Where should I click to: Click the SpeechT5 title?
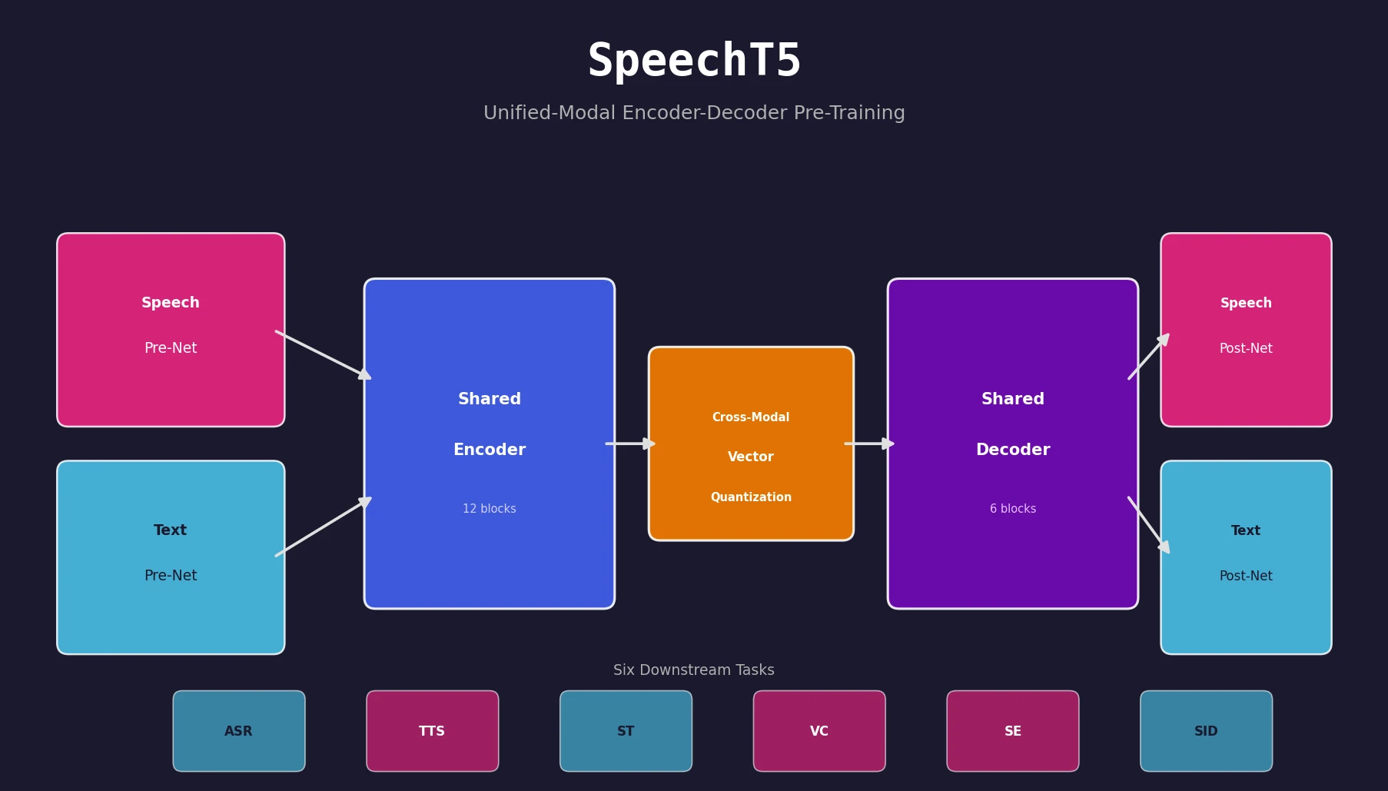(x=694, y=61)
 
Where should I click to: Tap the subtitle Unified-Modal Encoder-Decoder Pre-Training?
(x=694, y=113)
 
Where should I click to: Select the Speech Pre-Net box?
(x=171, y=330)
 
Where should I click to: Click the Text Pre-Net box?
(x=171, y=557)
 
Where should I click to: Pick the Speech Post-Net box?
(x=1246, y=330)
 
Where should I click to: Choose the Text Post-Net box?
(x=1246, y=557)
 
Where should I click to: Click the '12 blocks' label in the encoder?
(x=490, y=509)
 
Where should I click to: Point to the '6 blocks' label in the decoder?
(x=1013, y=509)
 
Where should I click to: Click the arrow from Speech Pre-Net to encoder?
(x=323, y=354)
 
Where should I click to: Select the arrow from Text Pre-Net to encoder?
(x=323, y=527)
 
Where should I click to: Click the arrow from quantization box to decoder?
(x=869, y=444)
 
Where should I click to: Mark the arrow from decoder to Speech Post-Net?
(x=1148, y=357)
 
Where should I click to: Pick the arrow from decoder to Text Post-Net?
(x=1148, y=525)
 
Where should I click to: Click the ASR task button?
(x=239, y=731)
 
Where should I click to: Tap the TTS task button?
(x=433, y=731)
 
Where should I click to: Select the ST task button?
(x=626, y=731)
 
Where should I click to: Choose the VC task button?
(x=819, y=731)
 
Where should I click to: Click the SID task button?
(x=1206, y=731)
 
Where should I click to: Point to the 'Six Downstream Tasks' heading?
(x=694, y=670)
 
